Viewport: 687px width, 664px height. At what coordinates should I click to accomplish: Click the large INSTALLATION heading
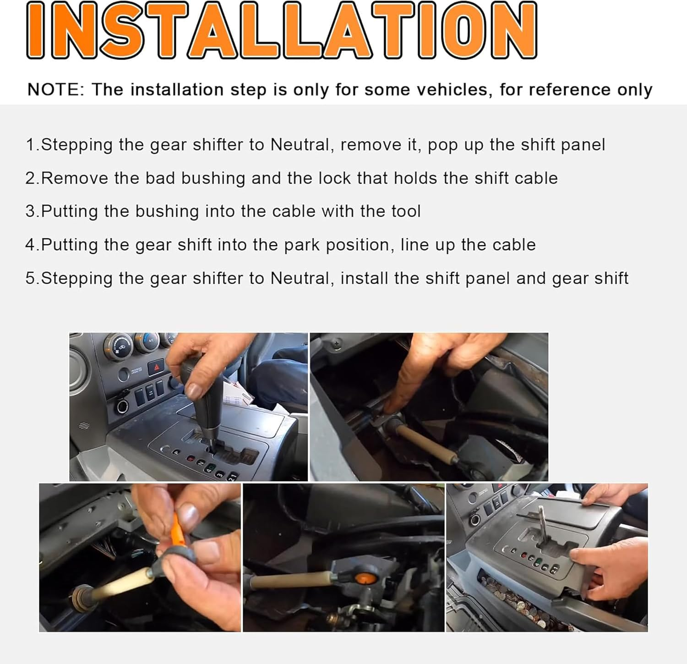281,30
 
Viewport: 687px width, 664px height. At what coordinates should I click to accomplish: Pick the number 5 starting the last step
30,279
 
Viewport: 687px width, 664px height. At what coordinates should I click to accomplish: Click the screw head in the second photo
338,342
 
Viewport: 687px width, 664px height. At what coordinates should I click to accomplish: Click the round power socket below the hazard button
123,406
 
